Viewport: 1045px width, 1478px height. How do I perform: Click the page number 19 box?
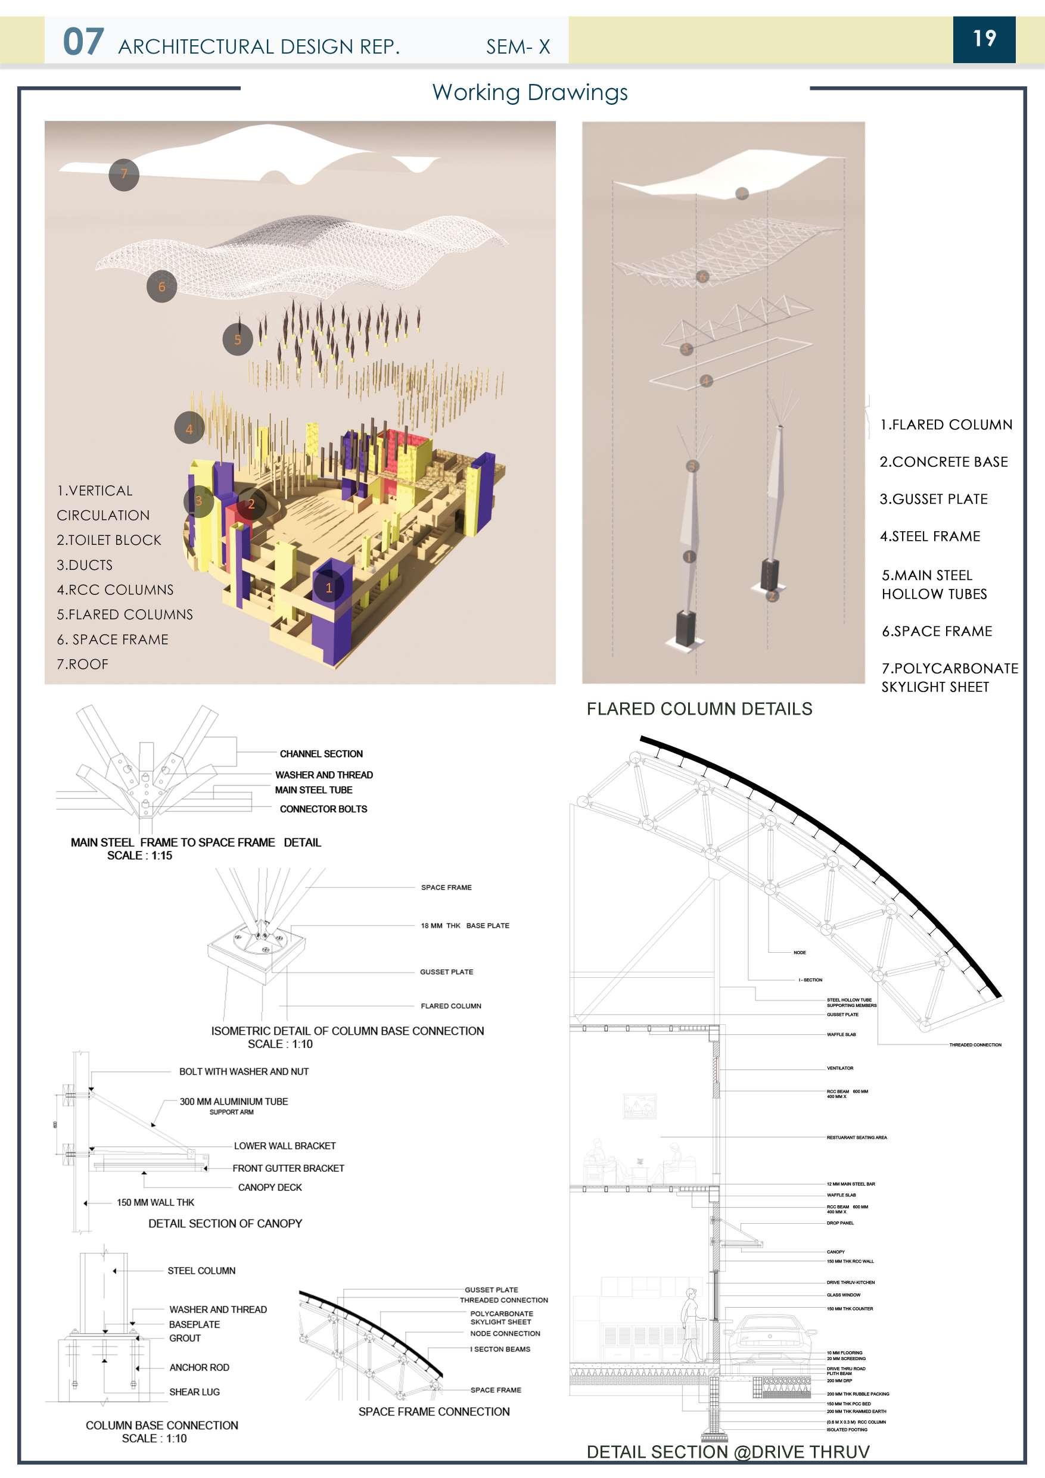coord(983,39)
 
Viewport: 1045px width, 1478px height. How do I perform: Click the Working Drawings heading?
coord(529,93)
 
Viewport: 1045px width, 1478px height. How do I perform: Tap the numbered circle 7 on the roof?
coord(123,174)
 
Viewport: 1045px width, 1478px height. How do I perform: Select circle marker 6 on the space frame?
coord(161,287)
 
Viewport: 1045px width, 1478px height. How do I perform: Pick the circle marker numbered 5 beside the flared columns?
coord(238,339)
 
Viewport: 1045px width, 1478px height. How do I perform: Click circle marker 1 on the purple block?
coord(329,587)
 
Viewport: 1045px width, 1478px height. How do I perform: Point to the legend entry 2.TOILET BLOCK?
coord(109,540)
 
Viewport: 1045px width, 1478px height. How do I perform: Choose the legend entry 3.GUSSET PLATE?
coord(933,499)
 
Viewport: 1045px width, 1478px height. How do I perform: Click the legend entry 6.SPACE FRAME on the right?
coord(936,631)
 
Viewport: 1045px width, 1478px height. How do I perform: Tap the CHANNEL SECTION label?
coord(321,754)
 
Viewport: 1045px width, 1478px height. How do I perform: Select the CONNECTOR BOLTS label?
coord(324,809)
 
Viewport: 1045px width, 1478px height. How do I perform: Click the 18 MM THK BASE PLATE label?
coord(464,925)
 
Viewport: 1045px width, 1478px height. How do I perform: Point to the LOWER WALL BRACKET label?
coord(285,1146)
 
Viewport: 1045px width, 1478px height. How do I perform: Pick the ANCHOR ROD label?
coord(199,1367)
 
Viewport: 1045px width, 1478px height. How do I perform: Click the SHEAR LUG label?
coord(194,1392)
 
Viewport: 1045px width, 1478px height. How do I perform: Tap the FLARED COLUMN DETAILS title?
coord(699,709)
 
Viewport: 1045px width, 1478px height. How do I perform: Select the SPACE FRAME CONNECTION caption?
coord(433,1412)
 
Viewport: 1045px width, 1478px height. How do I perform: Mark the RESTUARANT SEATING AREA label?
coord(856,1137)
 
